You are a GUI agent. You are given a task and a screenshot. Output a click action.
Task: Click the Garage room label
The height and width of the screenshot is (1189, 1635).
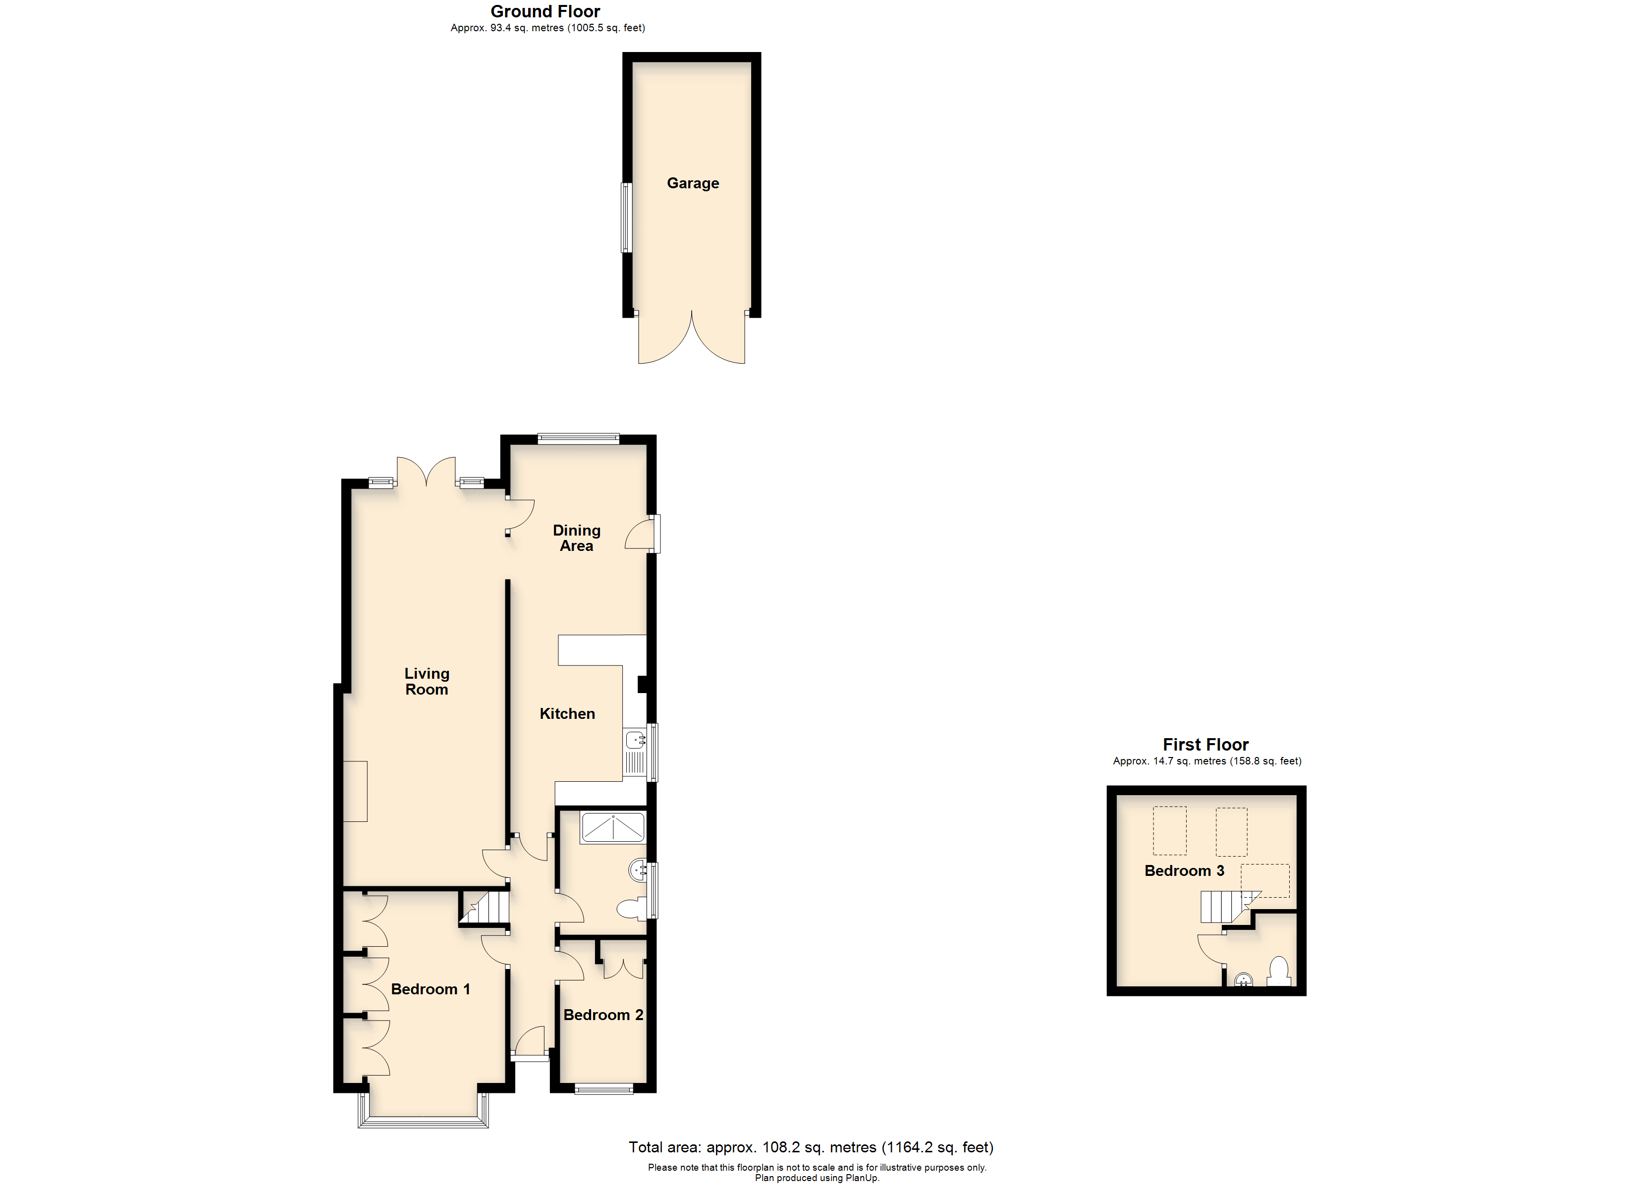point(692,183)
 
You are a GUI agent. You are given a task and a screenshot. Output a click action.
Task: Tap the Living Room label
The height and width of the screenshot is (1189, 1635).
point(426,681)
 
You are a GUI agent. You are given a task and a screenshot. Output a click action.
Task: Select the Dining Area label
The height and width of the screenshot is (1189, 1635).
point(576,538)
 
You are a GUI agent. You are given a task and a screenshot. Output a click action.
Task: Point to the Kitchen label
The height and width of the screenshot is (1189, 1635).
point(567,714)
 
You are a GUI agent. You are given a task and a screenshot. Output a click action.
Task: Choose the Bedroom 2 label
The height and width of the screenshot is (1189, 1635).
point(602,1015)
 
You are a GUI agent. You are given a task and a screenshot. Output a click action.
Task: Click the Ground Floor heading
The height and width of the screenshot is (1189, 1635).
point(545,11)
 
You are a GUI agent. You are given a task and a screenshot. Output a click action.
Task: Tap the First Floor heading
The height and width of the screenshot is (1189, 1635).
point(1205,745)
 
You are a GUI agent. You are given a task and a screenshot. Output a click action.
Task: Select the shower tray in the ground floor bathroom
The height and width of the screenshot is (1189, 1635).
point(613,828)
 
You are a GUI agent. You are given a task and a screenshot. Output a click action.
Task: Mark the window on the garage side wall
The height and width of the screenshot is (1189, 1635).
point(626,218)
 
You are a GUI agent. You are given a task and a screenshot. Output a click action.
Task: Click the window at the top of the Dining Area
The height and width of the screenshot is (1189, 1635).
point(578,437)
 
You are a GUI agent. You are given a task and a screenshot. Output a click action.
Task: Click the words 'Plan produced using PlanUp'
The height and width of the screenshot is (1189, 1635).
point(817,1178)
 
